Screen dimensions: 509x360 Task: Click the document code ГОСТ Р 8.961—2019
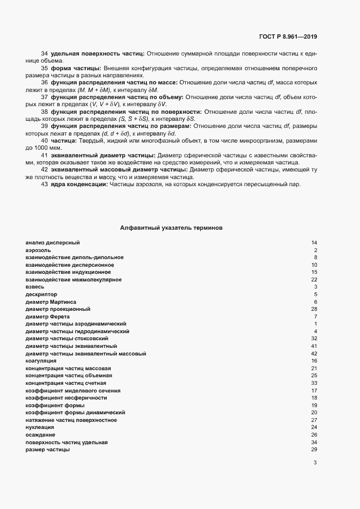click(288, 36)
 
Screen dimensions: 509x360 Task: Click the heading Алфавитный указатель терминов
click(171, 228)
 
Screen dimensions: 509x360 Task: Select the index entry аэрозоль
click(38, 250)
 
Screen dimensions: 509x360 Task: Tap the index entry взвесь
click(35, 286)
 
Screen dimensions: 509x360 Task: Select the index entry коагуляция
click(41, 361)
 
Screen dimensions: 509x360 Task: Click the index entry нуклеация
click(40, 428)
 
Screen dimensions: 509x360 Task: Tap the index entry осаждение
click(40, 435)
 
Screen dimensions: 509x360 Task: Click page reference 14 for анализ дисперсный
click(314, 242)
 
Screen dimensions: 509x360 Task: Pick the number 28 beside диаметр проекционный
click(314, 309)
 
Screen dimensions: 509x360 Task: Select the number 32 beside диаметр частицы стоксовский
click(314, 339)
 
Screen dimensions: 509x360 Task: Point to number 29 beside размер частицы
click(314, 450)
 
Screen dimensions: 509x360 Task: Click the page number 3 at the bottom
click(315, 463)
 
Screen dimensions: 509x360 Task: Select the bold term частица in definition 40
click(64, 140)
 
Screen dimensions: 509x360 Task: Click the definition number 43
click(44, 185)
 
